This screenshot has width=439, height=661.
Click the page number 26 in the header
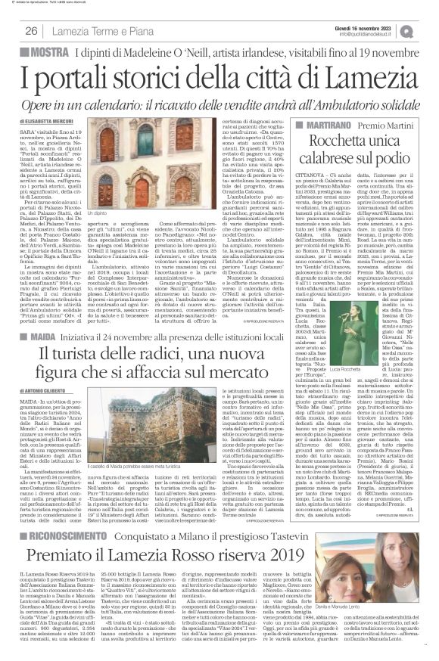pos(31,30)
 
